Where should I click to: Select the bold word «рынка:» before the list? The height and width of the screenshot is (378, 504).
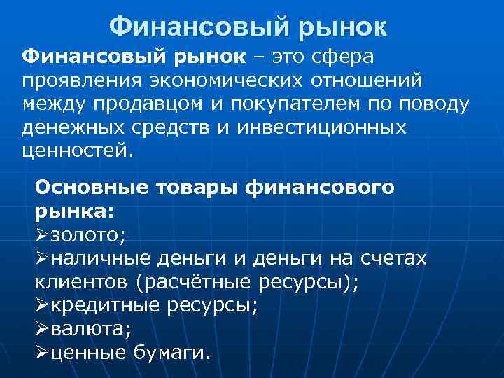point(74,211)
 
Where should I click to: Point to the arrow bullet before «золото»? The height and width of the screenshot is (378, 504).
point(42,234)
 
